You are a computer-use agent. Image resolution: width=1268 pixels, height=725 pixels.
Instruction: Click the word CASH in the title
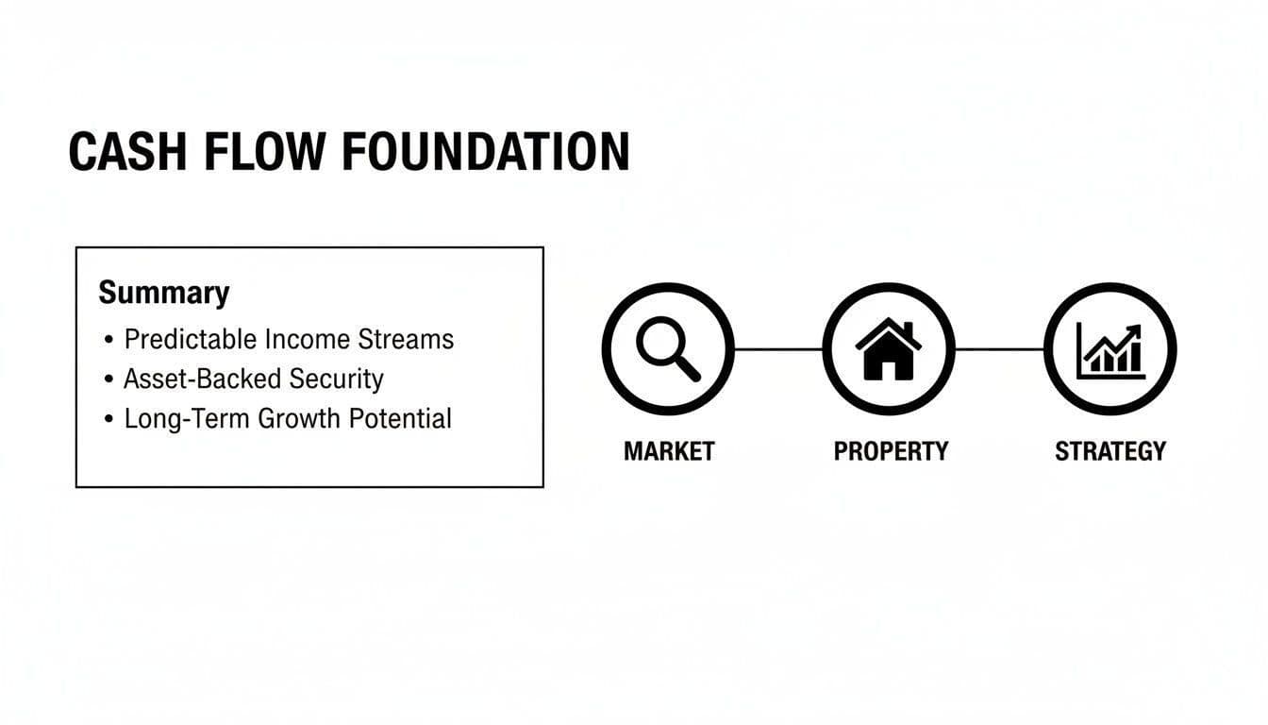(x=128, y=152)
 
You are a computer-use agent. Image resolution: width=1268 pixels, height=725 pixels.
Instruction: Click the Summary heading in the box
(x=163, y=293)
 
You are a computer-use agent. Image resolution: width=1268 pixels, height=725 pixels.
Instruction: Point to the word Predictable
(x=190, y=339)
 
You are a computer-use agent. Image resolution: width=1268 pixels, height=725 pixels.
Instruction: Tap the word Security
(x=336, y=379)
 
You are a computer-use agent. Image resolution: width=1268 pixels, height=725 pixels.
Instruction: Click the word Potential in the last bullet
(x=400, y=418)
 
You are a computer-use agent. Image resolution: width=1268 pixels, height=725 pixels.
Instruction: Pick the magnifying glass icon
(x=668, y=348)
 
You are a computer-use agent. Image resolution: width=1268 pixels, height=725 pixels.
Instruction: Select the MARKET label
(x=669, y=451)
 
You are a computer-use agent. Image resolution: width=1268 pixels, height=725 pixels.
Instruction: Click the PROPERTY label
(x=890, y=451)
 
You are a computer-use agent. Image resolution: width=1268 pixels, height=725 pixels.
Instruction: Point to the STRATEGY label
(x=1110, y=451)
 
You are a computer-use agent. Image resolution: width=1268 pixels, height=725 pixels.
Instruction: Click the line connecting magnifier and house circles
(x=778, y=348)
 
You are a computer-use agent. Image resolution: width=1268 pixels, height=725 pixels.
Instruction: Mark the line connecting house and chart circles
(x=999, y=348)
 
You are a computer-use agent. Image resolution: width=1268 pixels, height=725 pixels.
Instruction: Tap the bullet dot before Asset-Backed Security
(x=109, y=379)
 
